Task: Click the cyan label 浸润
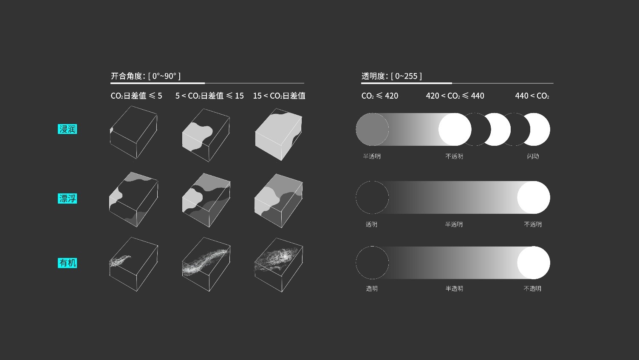tap(67, 129)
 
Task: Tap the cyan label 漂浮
tap(67, 198)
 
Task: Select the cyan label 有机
tap(67, 263)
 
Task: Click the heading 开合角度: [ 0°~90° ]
tap(145, 76)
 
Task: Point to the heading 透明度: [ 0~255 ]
tap(391, 76)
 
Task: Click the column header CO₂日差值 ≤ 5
tap(136, 96)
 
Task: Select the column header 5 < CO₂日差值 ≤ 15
tap(210, 96)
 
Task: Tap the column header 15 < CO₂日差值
tap(279, 96)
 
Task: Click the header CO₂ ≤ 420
tap(380, 96)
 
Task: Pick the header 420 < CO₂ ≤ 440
tap(455, 96)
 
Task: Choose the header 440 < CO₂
tap(532, 96)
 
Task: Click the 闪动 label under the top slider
tap(533, 156)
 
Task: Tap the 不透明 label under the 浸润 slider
tap(454, 156)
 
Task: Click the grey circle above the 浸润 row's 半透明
tap(372, 129)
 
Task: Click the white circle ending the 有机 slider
tap(534, 263)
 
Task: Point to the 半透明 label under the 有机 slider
tap(454, 289)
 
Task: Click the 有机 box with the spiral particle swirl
tap(279, 265)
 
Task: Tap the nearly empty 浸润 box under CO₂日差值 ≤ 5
tap(133, 132)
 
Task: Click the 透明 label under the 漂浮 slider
tap(371, 224)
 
